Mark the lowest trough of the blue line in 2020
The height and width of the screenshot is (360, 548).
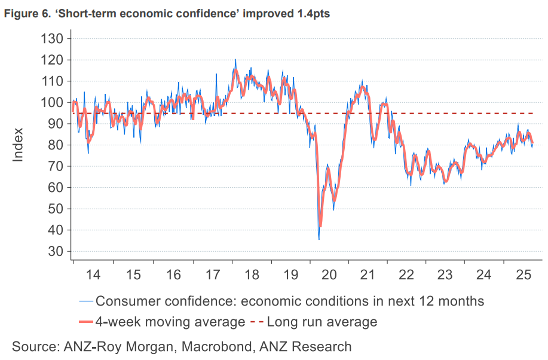click(319, 240)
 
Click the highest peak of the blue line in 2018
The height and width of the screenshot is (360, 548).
click(235, 59)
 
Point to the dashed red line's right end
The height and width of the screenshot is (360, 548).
click(533, 113)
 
